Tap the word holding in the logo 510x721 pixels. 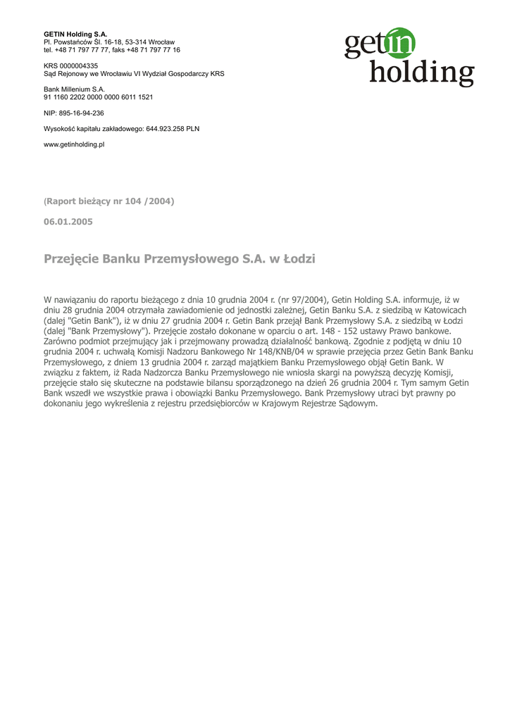(x=421, y=72)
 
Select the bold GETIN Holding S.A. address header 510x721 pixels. (x=70, y=35)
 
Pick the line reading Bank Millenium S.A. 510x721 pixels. (x=74, y=89)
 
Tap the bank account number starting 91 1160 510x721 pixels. (x=98, y=97)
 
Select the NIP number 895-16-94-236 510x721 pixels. (x=81, y=113)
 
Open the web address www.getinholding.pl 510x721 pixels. (x=74, y=144)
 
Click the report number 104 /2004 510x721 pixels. (x=148, y=201)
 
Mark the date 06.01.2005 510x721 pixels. (x=68, y=222)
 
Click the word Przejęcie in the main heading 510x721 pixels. (x=71, y=259)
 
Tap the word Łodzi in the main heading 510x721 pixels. (x=299, y=259)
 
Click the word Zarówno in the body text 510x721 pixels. (x=63, y=341)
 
